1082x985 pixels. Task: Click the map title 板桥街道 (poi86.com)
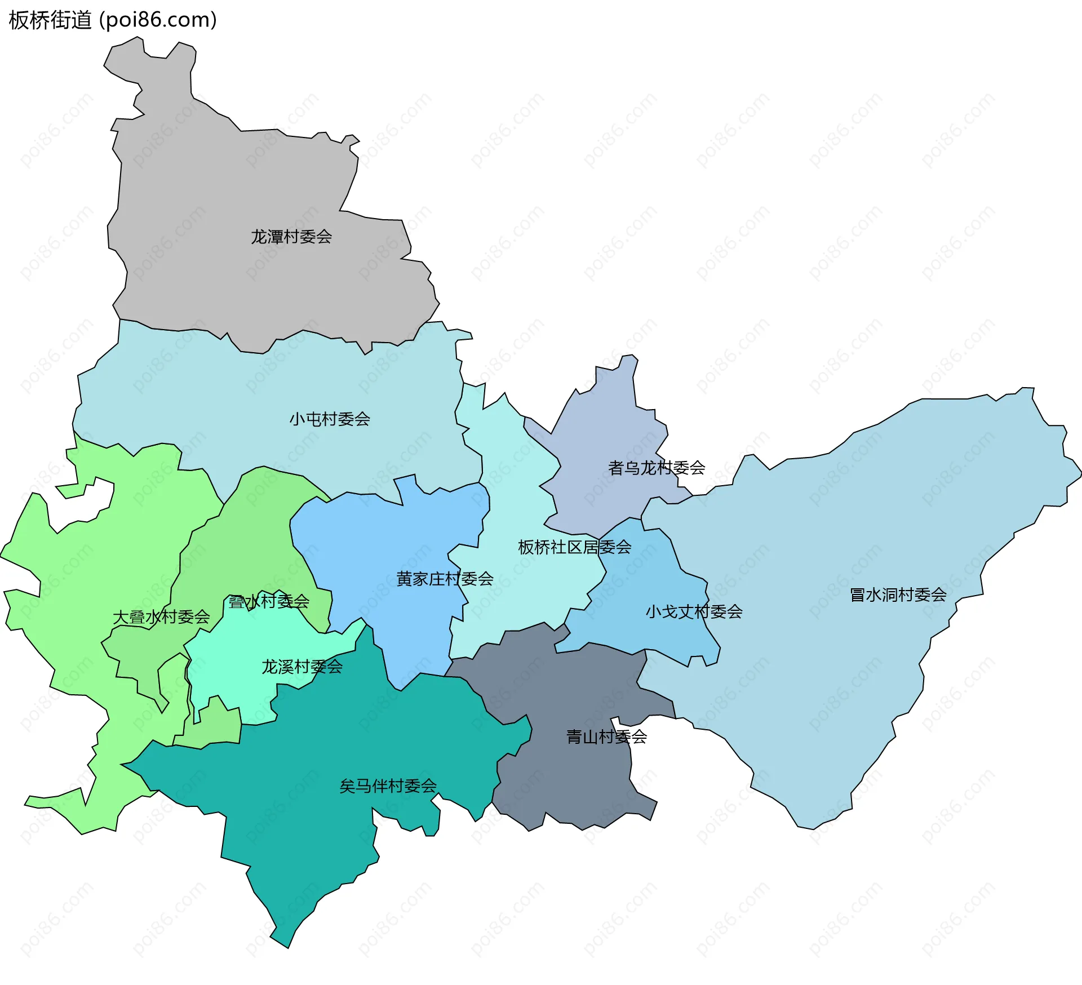click(113, 20)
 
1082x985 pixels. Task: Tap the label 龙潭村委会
click(291, 237)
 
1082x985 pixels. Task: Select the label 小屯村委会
click(330, 419)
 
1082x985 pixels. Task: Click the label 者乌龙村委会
click(657, 468)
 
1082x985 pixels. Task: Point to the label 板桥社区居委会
click(574, 547)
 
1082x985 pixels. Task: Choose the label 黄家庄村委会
click(445, 579)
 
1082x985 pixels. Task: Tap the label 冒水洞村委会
click(898, 595)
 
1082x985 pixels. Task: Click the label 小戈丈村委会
click(694, 612)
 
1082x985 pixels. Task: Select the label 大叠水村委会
click(161, 618)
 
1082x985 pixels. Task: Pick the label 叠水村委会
click(269, 602)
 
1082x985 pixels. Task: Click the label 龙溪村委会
click(302, 667)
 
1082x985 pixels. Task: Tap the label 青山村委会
click(606, 737)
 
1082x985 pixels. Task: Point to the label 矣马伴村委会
click(388, 786)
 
